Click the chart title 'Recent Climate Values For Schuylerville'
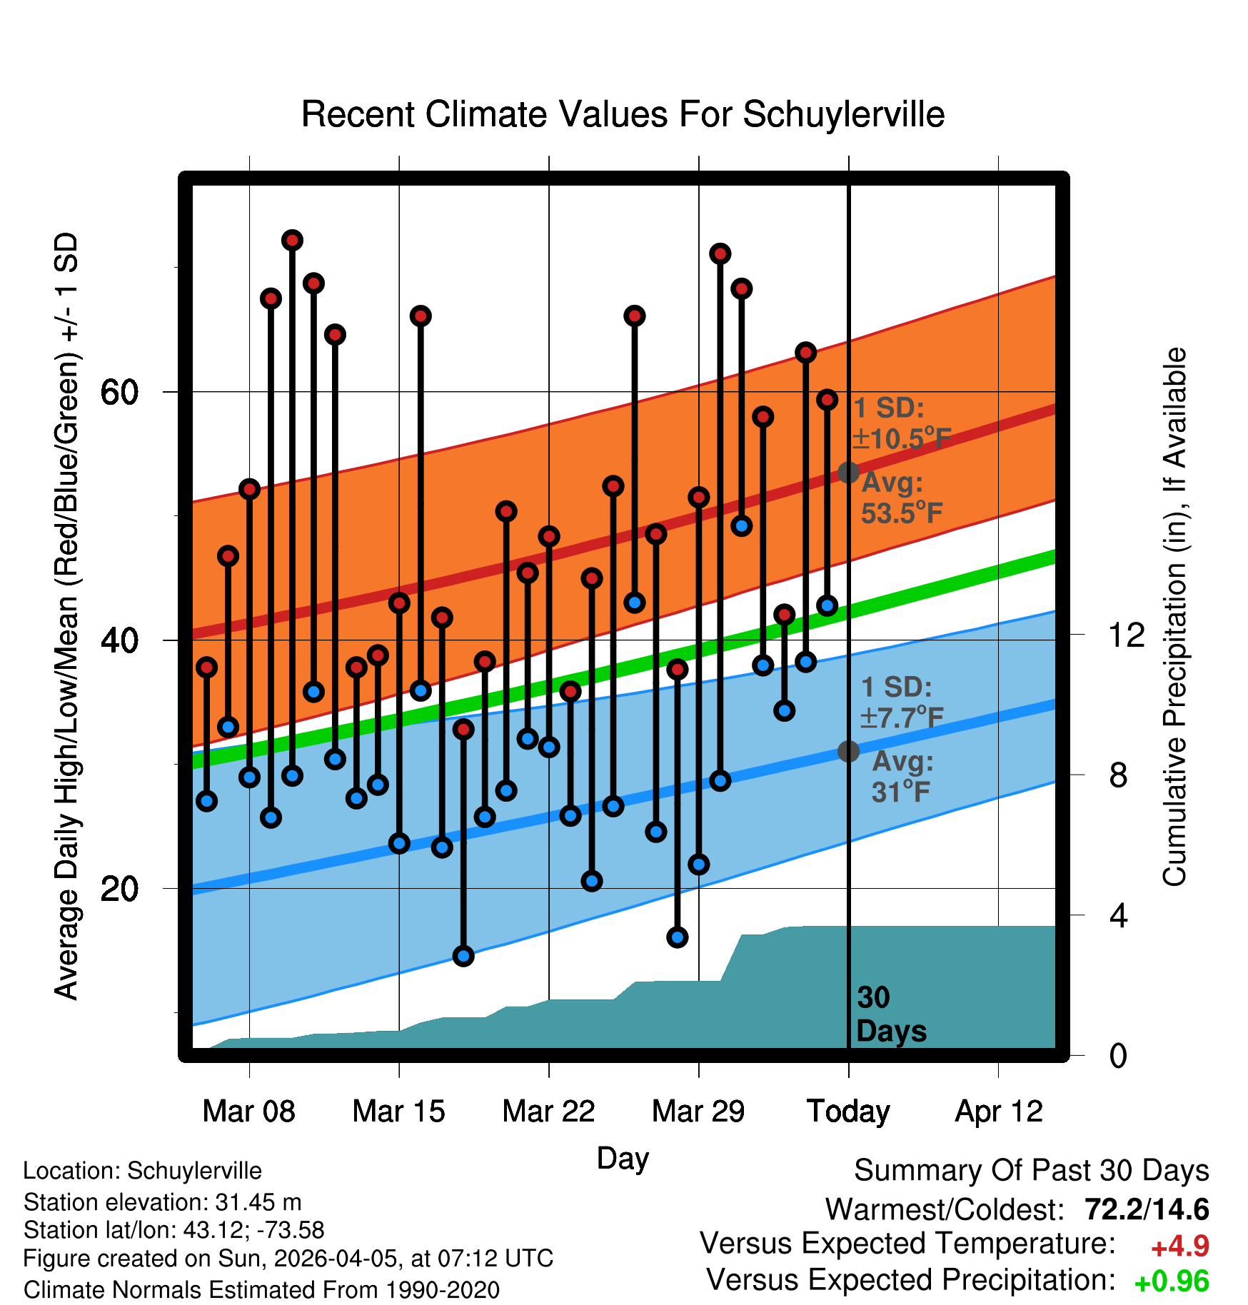(x=623, y=115)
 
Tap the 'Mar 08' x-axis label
(x=248, y=1112)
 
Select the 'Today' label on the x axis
(x=848, y=1112)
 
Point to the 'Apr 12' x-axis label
(x=999, y=1112)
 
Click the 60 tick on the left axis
(x=120, y=392)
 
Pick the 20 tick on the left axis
(x=120, y=889)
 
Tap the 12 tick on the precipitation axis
(x=1126, y=635)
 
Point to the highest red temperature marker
(x=292, y=240)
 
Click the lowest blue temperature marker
(x=463, y=956)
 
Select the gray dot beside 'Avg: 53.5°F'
(x=848, y=473)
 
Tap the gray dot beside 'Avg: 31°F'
(x=848, y=751)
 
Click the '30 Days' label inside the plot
(x=890, y=1014)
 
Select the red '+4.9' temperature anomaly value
(x=1179, y=1246)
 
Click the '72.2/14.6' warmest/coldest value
(x=1146, y=1209)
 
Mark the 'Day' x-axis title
(x=623, y=1158)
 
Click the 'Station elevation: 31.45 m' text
(x=162, y=1202)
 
